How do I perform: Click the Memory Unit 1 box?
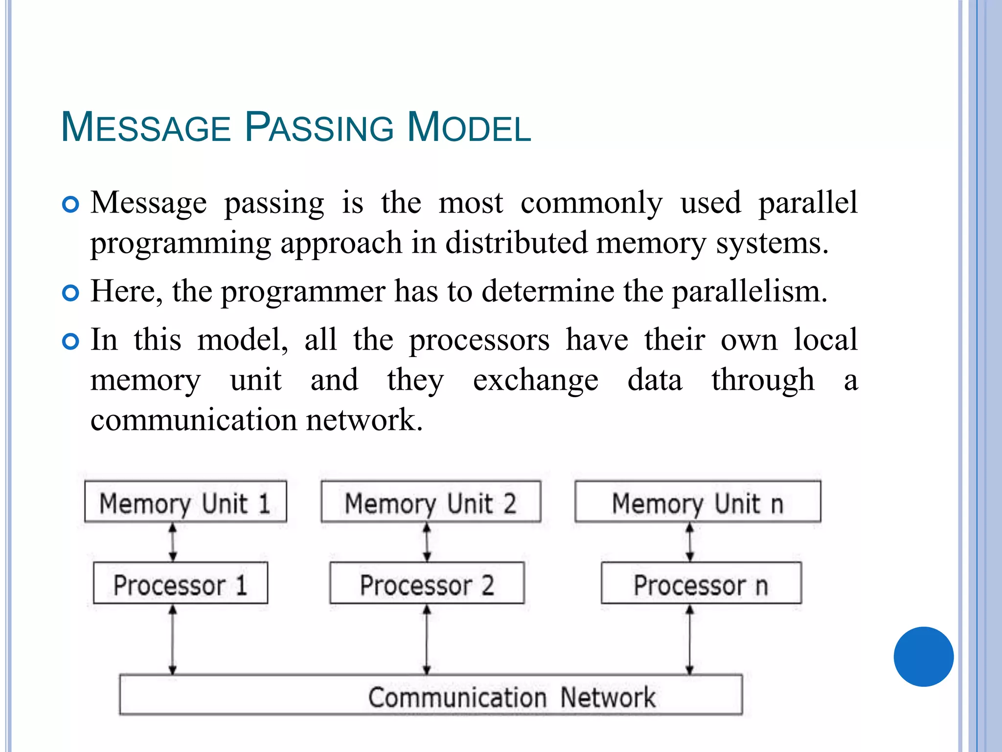185,502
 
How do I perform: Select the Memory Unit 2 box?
431,502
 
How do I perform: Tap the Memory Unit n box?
698,502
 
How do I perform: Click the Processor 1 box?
181,584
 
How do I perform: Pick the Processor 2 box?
427,584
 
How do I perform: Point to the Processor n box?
701,584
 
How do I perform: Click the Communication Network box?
431,695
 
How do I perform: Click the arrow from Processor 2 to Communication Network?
427,639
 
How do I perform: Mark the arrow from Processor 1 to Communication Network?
173,639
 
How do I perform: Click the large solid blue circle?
923,657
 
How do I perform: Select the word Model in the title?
469,127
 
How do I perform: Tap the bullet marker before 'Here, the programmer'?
71,293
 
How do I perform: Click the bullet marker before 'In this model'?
71,341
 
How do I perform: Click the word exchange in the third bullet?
535,381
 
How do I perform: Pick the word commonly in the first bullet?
592,203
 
